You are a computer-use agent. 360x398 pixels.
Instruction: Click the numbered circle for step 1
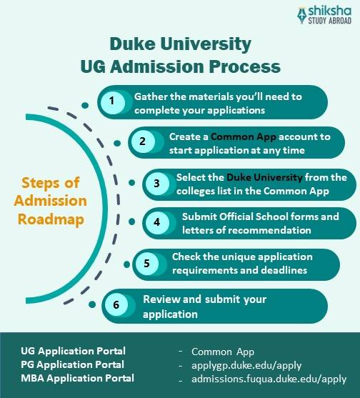[111, 101]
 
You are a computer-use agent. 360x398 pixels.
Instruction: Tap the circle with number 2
[142, 140]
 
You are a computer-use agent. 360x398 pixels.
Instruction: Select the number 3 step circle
[156, 182]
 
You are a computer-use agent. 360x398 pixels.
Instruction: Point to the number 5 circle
[146, 263]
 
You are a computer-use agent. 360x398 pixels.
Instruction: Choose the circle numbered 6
[116, 303]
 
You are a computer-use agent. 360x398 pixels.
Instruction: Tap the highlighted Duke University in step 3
[264, 177]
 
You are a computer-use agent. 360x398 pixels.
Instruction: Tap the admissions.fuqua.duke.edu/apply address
[269, 379]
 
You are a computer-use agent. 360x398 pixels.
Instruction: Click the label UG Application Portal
[73, 351]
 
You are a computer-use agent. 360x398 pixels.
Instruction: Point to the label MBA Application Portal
[77, 378]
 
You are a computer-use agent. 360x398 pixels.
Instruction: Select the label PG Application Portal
[73, 364]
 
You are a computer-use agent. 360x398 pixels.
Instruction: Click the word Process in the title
[243, 67]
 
